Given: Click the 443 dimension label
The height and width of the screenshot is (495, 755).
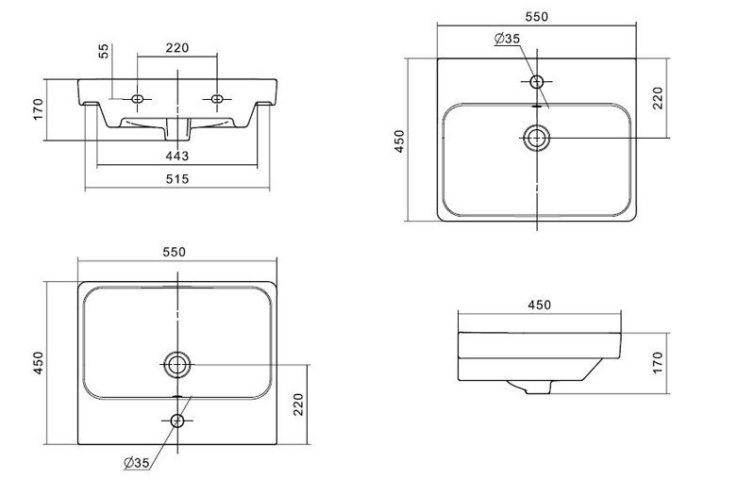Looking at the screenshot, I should [x=177, y=156].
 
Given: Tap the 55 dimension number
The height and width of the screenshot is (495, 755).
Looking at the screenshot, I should [x=104, y=52].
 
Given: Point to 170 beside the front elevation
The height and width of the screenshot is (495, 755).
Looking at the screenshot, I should [x=39, y=109].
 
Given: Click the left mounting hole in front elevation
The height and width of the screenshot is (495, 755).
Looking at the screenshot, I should [x=139, y=99].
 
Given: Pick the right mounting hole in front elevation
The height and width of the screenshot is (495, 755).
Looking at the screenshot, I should [x=218, y=99].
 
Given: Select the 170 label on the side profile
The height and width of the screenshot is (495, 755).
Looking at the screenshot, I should [x=658, y=361].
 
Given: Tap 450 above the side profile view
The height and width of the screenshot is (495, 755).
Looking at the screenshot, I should [x=539, y=305].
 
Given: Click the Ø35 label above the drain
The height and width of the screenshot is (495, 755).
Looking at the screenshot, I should [x=507, y=39].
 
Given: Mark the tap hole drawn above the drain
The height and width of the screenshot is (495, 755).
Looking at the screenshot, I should [x=537, y=82].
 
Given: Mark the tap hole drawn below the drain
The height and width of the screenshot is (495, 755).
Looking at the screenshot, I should [x=177, y=420].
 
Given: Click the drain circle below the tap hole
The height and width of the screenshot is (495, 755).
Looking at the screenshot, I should [x=537, y=138].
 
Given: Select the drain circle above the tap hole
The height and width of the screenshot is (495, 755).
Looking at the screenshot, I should [x=177, y=363].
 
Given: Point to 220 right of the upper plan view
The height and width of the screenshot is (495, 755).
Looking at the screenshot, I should [x=658, y=97].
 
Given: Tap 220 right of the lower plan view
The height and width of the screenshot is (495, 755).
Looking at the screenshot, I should [x=298, y=404].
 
